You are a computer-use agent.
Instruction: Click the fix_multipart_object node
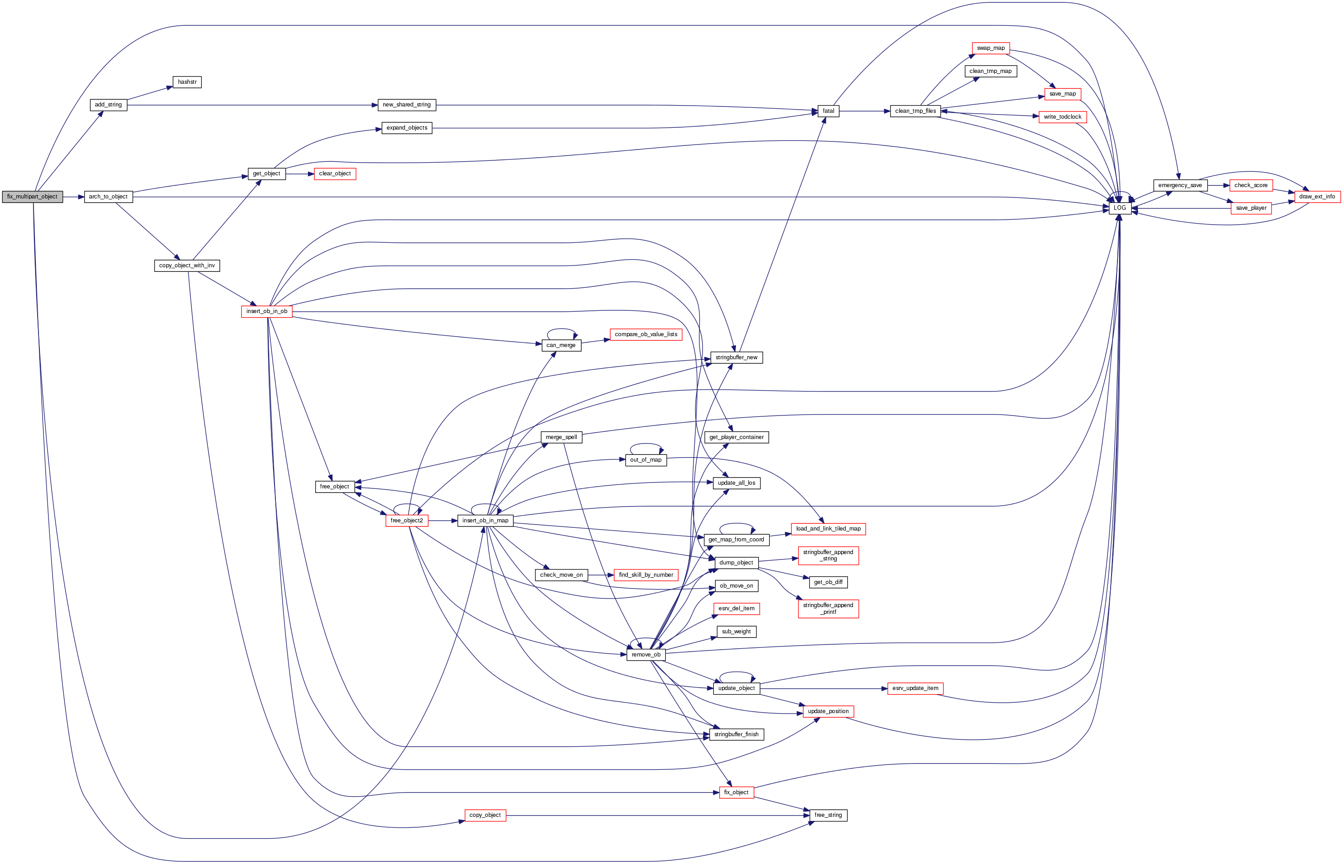[33, 197]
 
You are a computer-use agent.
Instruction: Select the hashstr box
[187, 82]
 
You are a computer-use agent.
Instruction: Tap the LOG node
[1119, 208]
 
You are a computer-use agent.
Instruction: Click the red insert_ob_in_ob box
[266, 311]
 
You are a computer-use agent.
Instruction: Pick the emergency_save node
[1180, 186]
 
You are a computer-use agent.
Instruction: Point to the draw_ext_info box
[1317, 197]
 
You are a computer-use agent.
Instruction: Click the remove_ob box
[646, 655]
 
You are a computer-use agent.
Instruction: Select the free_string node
[828, 815]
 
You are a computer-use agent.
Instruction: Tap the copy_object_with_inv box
[187, 266]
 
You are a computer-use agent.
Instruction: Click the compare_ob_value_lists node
[646, 334]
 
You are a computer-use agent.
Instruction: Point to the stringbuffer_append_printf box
[828, 609]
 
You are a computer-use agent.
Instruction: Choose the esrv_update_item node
[915, 688]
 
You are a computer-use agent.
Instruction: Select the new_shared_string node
[407, 105]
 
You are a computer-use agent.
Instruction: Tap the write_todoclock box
[1062, 117]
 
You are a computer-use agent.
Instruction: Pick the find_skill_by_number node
[646, 575]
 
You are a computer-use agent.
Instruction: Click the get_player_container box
[736, 438]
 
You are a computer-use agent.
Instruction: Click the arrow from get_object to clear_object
[300, 174]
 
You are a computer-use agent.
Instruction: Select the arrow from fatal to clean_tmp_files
[864, 111]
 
